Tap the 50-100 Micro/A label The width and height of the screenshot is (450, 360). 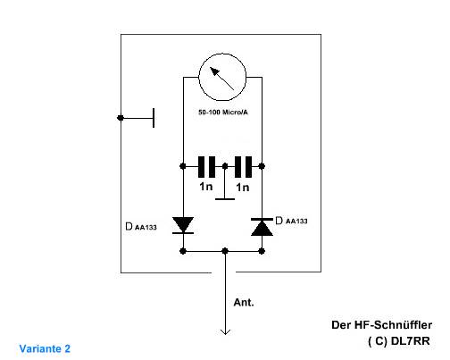click(x=223, y=113)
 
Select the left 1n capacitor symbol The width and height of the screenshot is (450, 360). click(x=206, y=167)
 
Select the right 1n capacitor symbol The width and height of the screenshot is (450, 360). click(x=243, y=167)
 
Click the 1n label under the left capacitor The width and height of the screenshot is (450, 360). click(x=206, y=187)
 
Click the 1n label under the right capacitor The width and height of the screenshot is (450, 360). click(x=243, y=188)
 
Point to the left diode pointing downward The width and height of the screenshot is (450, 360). click(x=183, y=225)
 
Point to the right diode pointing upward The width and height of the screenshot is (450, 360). click(x=262, y=227)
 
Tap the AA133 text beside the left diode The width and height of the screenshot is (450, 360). click(x=146, y=228)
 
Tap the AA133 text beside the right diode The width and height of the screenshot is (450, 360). click(x=296, y=222)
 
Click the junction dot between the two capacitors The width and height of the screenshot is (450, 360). click(x=225, y=166)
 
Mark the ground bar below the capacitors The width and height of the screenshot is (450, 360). click(x=225, y=198)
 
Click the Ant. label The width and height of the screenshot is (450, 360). click(x=244, y=303)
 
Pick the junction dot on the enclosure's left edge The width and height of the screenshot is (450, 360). click(x=121, y=118)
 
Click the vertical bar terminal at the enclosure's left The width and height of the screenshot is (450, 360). click(x=154, y=118)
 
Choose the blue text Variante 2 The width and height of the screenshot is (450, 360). click(x=45, y=348)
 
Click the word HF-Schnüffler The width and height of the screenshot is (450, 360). click(x=393, y=325)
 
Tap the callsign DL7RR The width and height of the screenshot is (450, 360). click(x=411, y=341)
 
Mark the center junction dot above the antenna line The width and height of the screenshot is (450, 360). click(x=225, y=251)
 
